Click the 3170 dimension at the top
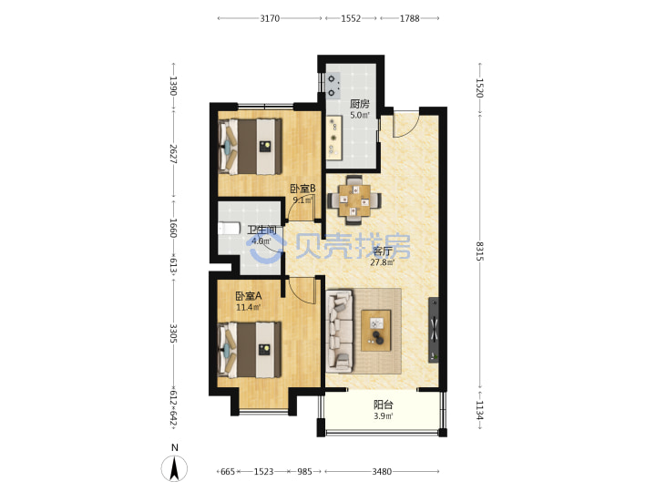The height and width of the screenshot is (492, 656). (270, 18)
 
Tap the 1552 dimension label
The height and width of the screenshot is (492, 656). (351, 18)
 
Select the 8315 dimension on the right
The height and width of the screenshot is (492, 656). (479, 251)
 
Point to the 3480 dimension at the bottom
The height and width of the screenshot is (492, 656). (382, 472)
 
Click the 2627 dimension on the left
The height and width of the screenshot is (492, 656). (173, 154)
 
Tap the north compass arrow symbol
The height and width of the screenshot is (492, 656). (174, 468)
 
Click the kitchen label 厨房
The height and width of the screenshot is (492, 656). (360, 104)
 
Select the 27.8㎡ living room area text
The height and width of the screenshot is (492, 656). (382, 262)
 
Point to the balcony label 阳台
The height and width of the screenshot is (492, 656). (384, 405)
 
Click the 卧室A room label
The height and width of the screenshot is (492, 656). (249, 296)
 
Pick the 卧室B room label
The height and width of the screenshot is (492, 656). (302, 189)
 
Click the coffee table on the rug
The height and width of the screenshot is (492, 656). (375, 331)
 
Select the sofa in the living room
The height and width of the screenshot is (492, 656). (339, 332)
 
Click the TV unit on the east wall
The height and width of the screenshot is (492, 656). (434, 331)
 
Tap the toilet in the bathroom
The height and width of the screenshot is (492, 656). (229, 229)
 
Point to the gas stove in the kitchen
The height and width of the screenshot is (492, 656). (333, 86)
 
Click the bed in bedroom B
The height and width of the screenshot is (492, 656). (251, 146)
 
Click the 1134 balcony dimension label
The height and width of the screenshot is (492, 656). (479, 411)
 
